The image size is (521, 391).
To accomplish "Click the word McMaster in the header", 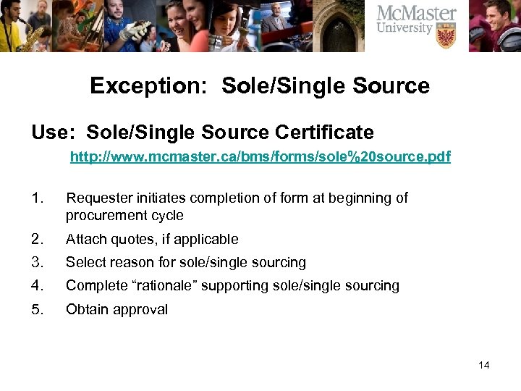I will click(417, 13).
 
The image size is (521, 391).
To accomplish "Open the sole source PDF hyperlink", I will click(260, 156).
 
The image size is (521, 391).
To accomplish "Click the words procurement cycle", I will click(124, 215).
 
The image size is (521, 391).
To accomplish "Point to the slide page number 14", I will click(483, 365).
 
